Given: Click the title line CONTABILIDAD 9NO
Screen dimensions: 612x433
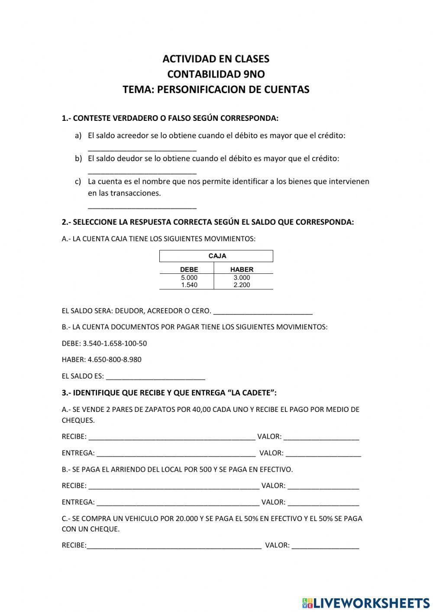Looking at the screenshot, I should coord(216,74).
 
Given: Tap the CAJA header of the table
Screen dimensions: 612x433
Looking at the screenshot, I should coord(217,256).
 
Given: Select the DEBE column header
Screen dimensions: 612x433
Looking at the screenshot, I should coord(189,269).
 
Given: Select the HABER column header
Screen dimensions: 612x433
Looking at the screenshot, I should coord(242,269).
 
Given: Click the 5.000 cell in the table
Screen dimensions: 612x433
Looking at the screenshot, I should coord(189,278).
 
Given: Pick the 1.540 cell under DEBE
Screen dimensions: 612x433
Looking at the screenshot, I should coord(189,285).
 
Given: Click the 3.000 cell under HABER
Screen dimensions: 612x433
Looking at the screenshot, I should coord(242,278).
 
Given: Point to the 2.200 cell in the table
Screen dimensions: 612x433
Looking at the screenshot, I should coord(242,285).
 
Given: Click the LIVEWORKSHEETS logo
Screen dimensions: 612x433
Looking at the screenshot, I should coord(366,602).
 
